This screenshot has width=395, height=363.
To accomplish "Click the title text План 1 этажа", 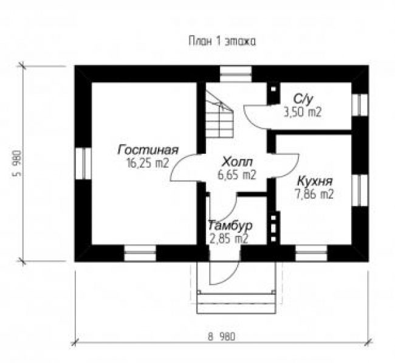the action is (222, 41).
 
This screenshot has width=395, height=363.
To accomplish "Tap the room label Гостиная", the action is (148, 150).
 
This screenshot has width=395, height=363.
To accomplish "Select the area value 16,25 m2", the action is (148, 164).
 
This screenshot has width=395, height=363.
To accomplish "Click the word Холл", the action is (237, 162).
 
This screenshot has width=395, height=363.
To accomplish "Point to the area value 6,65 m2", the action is (237, 175).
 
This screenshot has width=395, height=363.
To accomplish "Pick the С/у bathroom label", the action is (303, 99).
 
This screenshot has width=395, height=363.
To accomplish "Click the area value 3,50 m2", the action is (303, 112).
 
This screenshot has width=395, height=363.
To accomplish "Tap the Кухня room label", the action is (315, 181).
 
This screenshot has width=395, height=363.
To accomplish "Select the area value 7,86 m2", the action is (314, 194).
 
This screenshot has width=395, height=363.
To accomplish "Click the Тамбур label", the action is (230, 225).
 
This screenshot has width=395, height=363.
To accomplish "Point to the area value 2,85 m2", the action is (228, 238).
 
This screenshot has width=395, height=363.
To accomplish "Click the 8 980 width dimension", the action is (222, 336).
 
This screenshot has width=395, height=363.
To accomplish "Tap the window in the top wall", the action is (236, 74).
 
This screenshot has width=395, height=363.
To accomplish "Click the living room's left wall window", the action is (83, 164).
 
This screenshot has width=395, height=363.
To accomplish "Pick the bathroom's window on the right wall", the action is (360, 105).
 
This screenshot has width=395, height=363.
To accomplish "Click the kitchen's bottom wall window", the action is (311, 253).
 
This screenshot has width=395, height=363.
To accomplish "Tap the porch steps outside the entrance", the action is (236, 303).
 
